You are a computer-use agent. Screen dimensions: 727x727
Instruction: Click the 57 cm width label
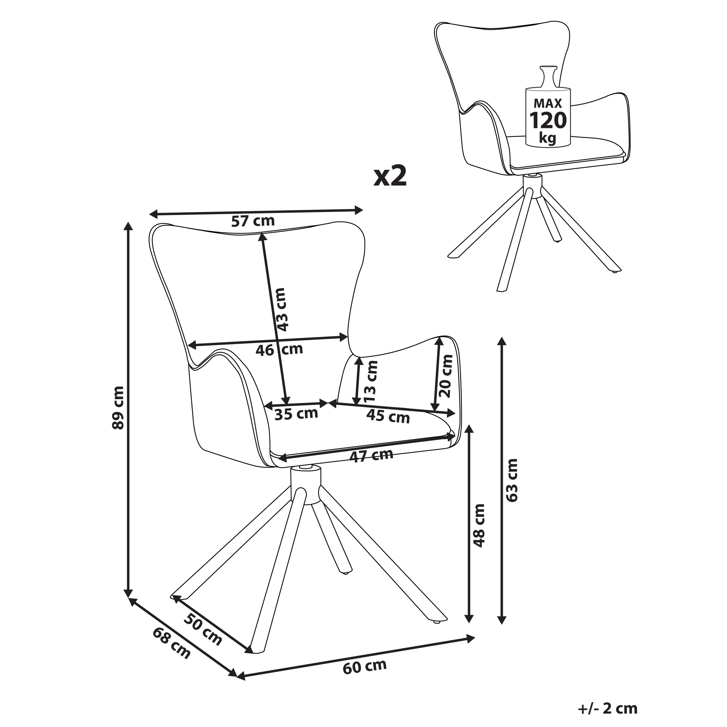click(x=252, y=221)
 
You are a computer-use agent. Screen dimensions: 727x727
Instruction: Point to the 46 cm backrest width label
click(x=279, y=350)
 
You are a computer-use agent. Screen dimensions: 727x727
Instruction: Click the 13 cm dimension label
click(x=371, y=381)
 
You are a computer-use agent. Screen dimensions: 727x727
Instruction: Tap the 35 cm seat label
click(x=296, y=414)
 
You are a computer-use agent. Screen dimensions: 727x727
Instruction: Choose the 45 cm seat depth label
click(x=388, y=417)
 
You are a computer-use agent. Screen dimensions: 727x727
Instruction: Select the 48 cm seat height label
click(x=479, y=525)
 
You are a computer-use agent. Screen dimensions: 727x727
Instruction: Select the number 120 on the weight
click(x=548, y=120)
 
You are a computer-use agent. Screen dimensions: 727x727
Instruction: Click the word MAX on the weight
click(x=548, y=103)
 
